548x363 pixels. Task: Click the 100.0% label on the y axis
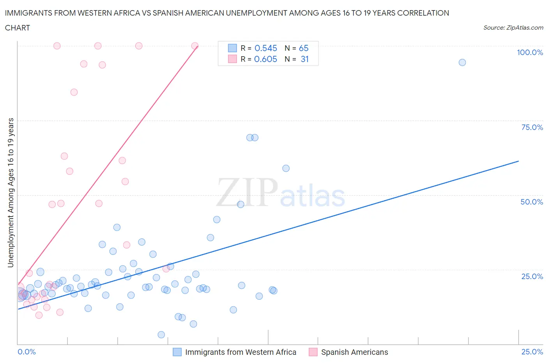coord(530,52)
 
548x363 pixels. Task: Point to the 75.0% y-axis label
coord(532,127)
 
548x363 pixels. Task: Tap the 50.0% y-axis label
coord(532,202)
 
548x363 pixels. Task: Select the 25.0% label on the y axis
coord(532,276)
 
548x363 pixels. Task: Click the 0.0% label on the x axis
coord(27,352)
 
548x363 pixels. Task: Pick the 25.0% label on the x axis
coord(532,352)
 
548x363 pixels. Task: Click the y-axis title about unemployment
coord(11,193)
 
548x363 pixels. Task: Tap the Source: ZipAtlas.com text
coord(513,28)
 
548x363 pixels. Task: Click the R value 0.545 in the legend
coord(266,48)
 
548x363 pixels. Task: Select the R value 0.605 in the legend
coord(265,59)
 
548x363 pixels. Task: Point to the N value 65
coord(304,48)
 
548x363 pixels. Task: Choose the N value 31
coord(304,59)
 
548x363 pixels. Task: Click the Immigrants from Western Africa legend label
coord(240,352)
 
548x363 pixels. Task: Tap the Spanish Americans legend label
coord(354,352)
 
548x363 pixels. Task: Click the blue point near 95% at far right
coord(462,62)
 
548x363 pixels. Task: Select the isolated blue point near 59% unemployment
coord(286,168)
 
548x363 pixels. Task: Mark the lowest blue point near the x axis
coord(161,335)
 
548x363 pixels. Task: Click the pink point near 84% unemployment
coord(74,92)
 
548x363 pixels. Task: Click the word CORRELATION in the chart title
coord(423,13)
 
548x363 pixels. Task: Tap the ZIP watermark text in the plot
coord(247,192)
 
